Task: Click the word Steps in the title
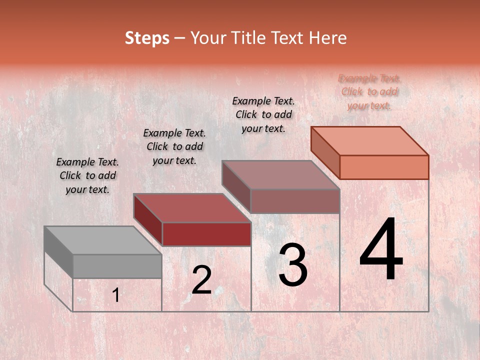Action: click(x=147, y=38)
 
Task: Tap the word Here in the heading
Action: click(x=327, y=38)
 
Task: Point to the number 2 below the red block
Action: click(x=201, y=280)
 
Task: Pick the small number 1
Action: click(x=115, y=296)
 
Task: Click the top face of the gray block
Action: click(x=102, y=240)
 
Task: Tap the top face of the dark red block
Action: click(x=192, y=208)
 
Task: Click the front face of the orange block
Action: click(x=384, y=167)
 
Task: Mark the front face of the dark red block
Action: click(x=206, y=234)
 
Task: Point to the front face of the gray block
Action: click(x=117, y=266)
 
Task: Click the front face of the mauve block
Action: click(x=295, y=201)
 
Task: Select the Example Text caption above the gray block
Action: click(x=87, y=175)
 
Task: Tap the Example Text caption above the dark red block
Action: click(x=174, y=146)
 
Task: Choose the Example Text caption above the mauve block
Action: click(x=263, y=114)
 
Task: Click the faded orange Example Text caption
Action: click(x=369, y=91)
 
